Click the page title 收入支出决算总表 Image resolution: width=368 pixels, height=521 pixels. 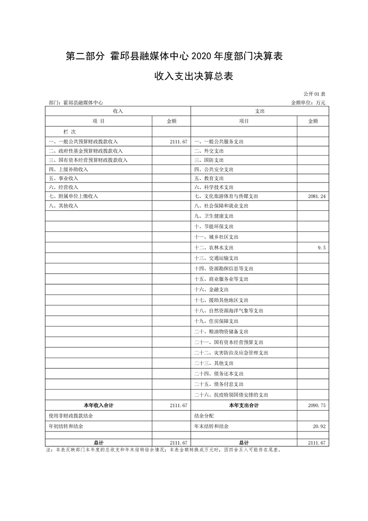pyautogui.click(x=194, y=76)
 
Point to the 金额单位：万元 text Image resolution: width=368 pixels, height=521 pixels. pyautogui.click(x=309, y=102)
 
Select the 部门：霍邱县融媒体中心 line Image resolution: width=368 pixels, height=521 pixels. pyautogui.click(x=76, y=102)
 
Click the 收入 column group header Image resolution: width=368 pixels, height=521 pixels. pyautogui.click(x=117, y=111)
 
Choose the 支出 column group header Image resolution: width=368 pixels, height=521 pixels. pyautogui.click(x=259, y=111)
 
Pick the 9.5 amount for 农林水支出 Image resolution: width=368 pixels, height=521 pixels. pyautogui.click(x=322, y=248)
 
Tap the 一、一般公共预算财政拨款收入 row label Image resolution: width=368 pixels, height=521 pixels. pyautogui.click(x=84, y=142)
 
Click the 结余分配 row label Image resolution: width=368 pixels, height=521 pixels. pyautogui.click(x=204, y=416)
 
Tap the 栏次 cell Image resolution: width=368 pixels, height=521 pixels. pyautogui.click(x=63, y=132)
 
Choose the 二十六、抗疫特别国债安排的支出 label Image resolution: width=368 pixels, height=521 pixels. pyautogui.click(x=231, y=395)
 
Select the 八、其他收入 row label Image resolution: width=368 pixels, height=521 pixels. pyautogui.click(x=64, y=206)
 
